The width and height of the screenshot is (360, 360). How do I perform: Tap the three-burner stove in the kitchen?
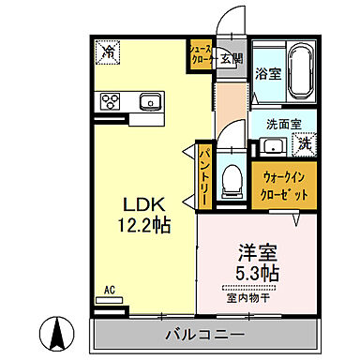point(110,101)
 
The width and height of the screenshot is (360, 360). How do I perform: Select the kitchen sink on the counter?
point(150,101)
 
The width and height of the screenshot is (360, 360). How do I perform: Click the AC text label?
point(110,291)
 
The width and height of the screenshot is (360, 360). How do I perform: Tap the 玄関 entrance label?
point(231,59)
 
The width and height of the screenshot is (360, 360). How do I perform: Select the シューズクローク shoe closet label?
point(201,53)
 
